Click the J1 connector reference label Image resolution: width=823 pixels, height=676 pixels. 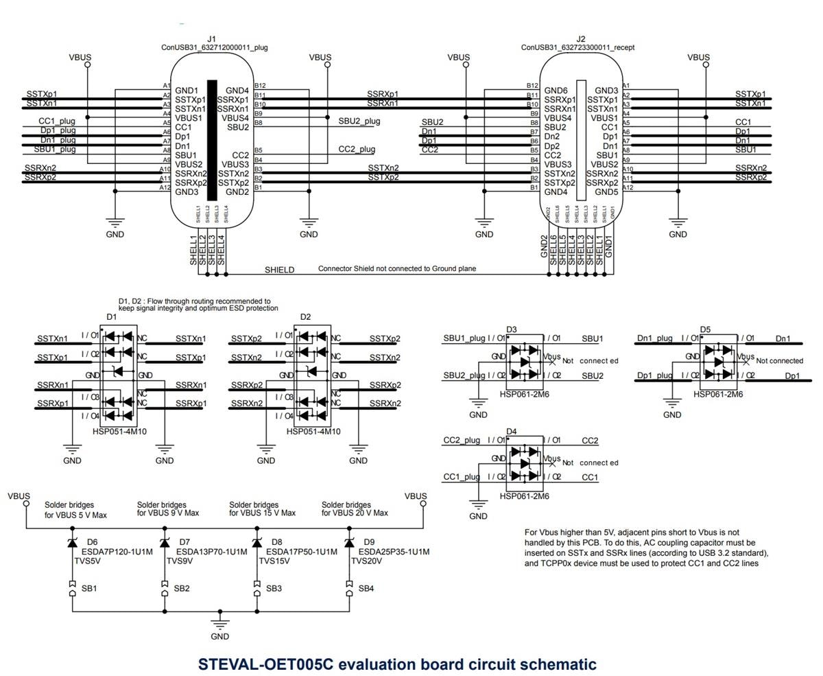(211, 39)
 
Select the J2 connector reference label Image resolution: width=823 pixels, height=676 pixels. (581, 39)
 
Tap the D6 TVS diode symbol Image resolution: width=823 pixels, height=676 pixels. (72, 543)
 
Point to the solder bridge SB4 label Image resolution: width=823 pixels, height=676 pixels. (366, 588)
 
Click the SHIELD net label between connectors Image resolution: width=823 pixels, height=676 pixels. (279, 270)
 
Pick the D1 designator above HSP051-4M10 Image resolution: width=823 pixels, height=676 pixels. (112, 317)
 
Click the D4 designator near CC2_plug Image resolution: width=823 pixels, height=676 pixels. (511, 432)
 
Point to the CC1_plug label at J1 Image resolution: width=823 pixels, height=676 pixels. (57, 121)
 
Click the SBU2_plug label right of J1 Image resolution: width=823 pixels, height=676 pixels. (359, 121)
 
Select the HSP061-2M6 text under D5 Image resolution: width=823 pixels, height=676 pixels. (719, 395)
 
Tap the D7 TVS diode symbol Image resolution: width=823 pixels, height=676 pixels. (165, 543)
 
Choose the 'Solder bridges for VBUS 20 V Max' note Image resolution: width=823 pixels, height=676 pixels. (355, 509)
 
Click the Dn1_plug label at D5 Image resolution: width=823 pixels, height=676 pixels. (654, 338)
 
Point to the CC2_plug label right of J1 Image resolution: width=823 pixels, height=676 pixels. (357, 149)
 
